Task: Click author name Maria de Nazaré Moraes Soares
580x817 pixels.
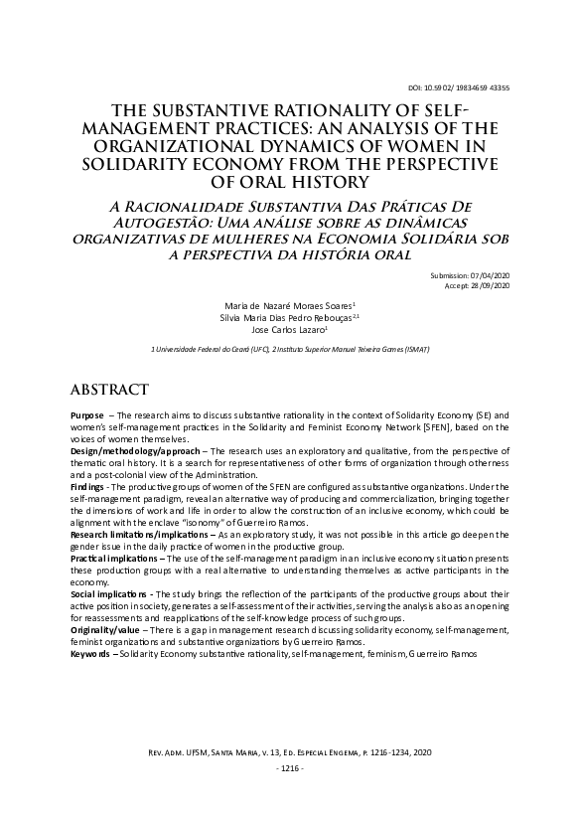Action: tap(282, 304)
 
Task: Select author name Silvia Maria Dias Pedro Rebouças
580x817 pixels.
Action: tap(282, 317)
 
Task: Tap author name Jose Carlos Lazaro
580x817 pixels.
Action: tap(283, 330)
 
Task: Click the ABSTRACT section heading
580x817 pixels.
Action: tap(109, 388)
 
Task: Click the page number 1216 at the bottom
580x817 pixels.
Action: tap(290, 769)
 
